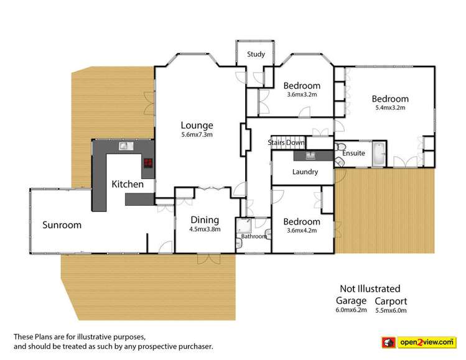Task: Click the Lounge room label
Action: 197,124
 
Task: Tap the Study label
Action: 256,54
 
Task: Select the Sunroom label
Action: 62,225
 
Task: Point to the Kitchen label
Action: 128,184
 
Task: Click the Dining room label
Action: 204,219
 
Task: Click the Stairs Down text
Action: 286,142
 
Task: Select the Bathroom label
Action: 254,236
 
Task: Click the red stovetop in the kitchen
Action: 148,164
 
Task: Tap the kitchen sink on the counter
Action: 124,146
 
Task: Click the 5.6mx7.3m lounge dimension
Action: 197,135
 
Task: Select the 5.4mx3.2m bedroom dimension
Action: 390,108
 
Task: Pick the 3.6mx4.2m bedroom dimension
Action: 302,230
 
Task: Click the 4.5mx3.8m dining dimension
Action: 204,229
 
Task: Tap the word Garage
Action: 352,300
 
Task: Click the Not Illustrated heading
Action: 370,288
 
